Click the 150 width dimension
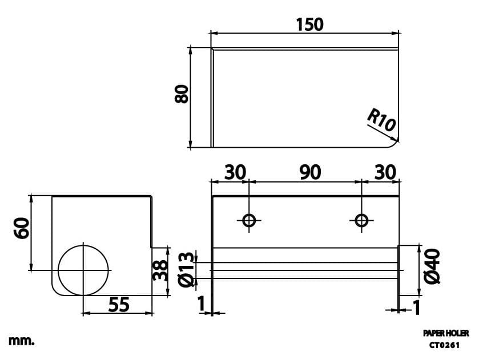309,25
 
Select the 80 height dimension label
181,94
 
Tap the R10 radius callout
381,120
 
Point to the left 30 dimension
235,172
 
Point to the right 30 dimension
385,172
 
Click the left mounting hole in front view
249,220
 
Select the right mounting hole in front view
361,220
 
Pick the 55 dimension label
118,305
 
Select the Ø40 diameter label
432,266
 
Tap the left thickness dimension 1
201,305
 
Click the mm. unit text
22,341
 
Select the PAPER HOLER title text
446,333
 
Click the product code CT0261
445,345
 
